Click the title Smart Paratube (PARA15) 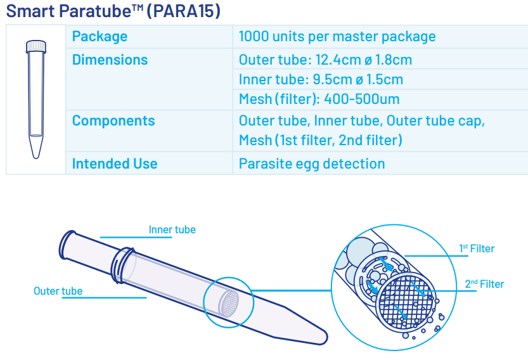tap(113, 11)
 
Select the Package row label tap(100, 36)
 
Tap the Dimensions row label tap(110, 60)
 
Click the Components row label tap(113, 120)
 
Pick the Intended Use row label tap(115, 164)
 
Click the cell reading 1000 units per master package tap(337, 36)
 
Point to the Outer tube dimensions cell tap(325, 60)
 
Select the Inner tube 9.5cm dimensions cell tap(321, 79)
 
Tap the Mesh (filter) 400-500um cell tap(319, 99)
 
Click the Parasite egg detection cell tap(312, 164)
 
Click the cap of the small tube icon tap(36, 46)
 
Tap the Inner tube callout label tap(172, 229)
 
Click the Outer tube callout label tap(58, 291)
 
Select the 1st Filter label tap(477, 248)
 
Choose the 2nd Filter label tap(484, 284)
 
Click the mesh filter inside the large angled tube tap(229, 304)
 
